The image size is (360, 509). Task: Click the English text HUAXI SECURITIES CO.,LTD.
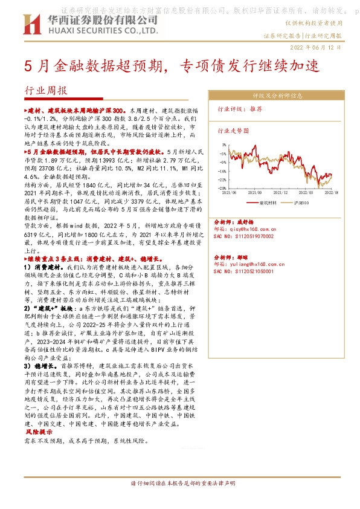click(x=83, y=30)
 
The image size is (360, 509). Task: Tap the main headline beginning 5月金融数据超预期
click(x=163, y=66)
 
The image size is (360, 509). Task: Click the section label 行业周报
click(x=46, y=91)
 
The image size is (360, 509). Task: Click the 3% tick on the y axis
click(x=223, y=145)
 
